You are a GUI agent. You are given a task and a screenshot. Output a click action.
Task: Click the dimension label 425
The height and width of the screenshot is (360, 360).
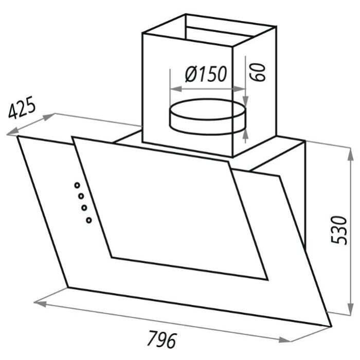pos(22,108)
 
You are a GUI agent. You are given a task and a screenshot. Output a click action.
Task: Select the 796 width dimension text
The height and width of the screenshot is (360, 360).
pos(162,339)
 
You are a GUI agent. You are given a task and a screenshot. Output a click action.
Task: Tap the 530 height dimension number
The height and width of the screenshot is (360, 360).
pos(339,230)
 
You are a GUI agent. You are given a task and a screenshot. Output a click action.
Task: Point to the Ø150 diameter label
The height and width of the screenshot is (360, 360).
pos(206,74)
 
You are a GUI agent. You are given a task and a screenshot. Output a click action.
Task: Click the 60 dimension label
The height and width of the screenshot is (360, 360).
pos(257,72)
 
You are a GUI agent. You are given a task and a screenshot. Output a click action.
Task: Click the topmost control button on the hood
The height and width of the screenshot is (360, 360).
pos(77,185)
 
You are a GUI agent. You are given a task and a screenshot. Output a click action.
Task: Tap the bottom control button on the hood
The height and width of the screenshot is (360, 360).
pos(89,220)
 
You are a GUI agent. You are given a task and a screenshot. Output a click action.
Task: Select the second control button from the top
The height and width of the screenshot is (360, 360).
pos(81,196)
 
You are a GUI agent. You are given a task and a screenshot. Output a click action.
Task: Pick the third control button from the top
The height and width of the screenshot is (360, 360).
pos(84,208)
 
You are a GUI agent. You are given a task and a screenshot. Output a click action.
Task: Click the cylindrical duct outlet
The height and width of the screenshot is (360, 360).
pos(208,117)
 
